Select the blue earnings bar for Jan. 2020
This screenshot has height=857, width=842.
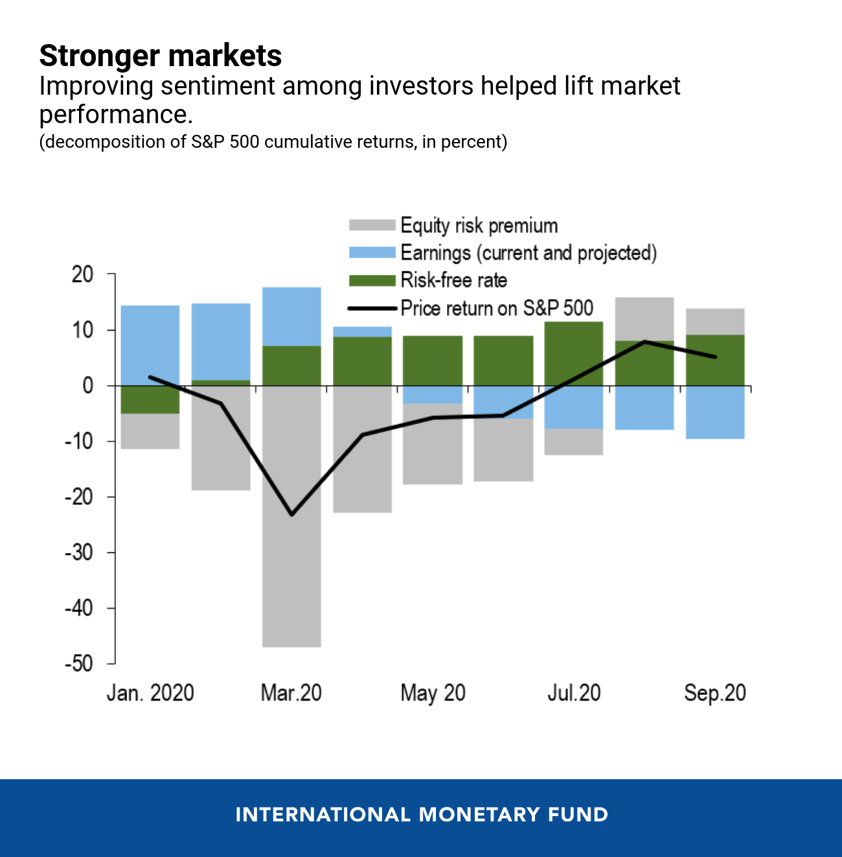(150, 345)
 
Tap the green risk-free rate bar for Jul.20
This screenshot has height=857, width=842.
(574, 353)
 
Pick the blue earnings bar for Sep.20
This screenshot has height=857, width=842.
(715, 412)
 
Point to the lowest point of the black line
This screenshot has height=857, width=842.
(291, 515)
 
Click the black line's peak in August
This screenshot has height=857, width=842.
(644, 342)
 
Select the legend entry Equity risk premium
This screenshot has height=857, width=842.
(479, 226)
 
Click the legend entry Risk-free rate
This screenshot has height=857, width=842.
(453, 280)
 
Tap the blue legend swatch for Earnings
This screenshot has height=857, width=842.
(372, 252)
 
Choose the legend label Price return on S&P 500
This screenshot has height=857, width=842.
(497, 308)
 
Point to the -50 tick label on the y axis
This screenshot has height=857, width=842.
(78, 664)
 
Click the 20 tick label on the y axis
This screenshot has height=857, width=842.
(82, 275)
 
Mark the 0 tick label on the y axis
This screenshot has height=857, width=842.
(88, 386)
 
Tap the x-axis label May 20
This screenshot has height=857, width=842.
(433, 693)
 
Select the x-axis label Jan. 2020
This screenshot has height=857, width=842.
(150, 693)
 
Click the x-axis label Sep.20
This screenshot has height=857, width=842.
(715, 693)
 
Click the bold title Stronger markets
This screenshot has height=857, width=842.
(160, 56)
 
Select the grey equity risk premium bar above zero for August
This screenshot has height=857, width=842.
(644, 318)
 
